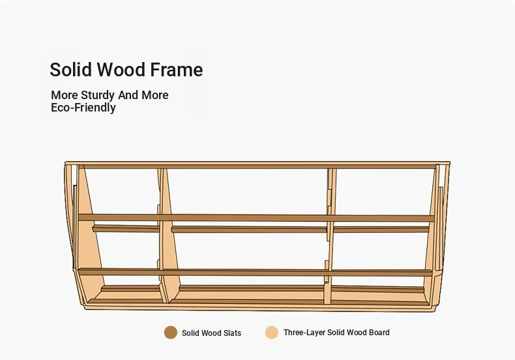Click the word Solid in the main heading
tap(70, 69)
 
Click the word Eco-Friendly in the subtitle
tap(83, 108)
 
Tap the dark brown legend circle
tap(171, 333)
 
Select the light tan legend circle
tap(272, 333)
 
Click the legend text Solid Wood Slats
tap(211, 333)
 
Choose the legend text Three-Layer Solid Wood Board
tap(336, 333)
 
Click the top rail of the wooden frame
tap(257, 165)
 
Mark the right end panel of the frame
tap(436, 235)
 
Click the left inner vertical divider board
tap(168, 235)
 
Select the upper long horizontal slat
tap(256, 218)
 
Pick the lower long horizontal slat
tap(255, 272)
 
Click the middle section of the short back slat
tap(249, 229)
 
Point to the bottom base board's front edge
tap(259, 308)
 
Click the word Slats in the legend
tap(232, 333)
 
